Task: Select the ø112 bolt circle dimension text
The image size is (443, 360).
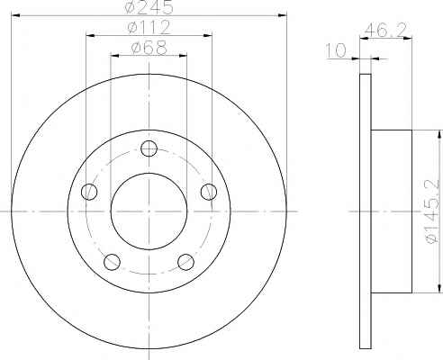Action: coord(149,27)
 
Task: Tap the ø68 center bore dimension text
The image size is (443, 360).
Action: coord(149,48)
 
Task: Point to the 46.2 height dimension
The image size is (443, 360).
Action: coord(386,30)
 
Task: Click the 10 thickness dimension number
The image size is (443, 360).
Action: coord(336,50)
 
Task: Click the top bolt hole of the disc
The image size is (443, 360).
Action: coord(149,148)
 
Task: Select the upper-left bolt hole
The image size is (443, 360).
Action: coord(89,192)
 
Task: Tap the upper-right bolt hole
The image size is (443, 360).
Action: coord(209,192)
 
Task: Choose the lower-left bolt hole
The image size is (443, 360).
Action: coord(112,262)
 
